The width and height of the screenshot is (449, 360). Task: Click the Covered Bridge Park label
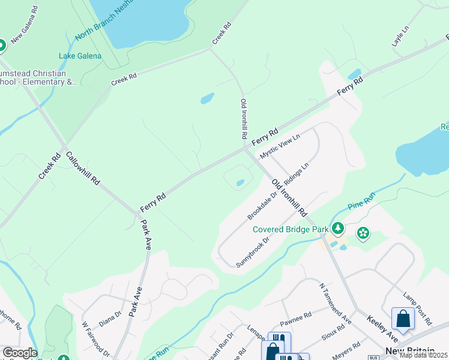pos(291,229)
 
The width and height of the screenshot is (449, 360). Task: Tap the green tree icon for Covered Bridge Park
pos(338,228)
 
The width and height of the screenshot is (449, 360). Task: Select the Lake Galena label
pos(80,56)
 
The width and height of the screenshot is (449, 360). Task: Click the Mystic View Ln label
pos(279,146)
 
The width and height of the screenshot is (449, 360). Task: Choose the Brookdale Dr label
pos(262,205)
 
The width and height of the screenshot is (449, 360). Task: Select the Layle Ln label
pos(400,37)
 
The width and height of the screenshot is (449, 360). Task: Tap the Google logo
pos(19,353)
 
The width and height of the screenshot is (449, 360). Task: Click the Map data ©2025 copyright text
pos(423,355)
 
